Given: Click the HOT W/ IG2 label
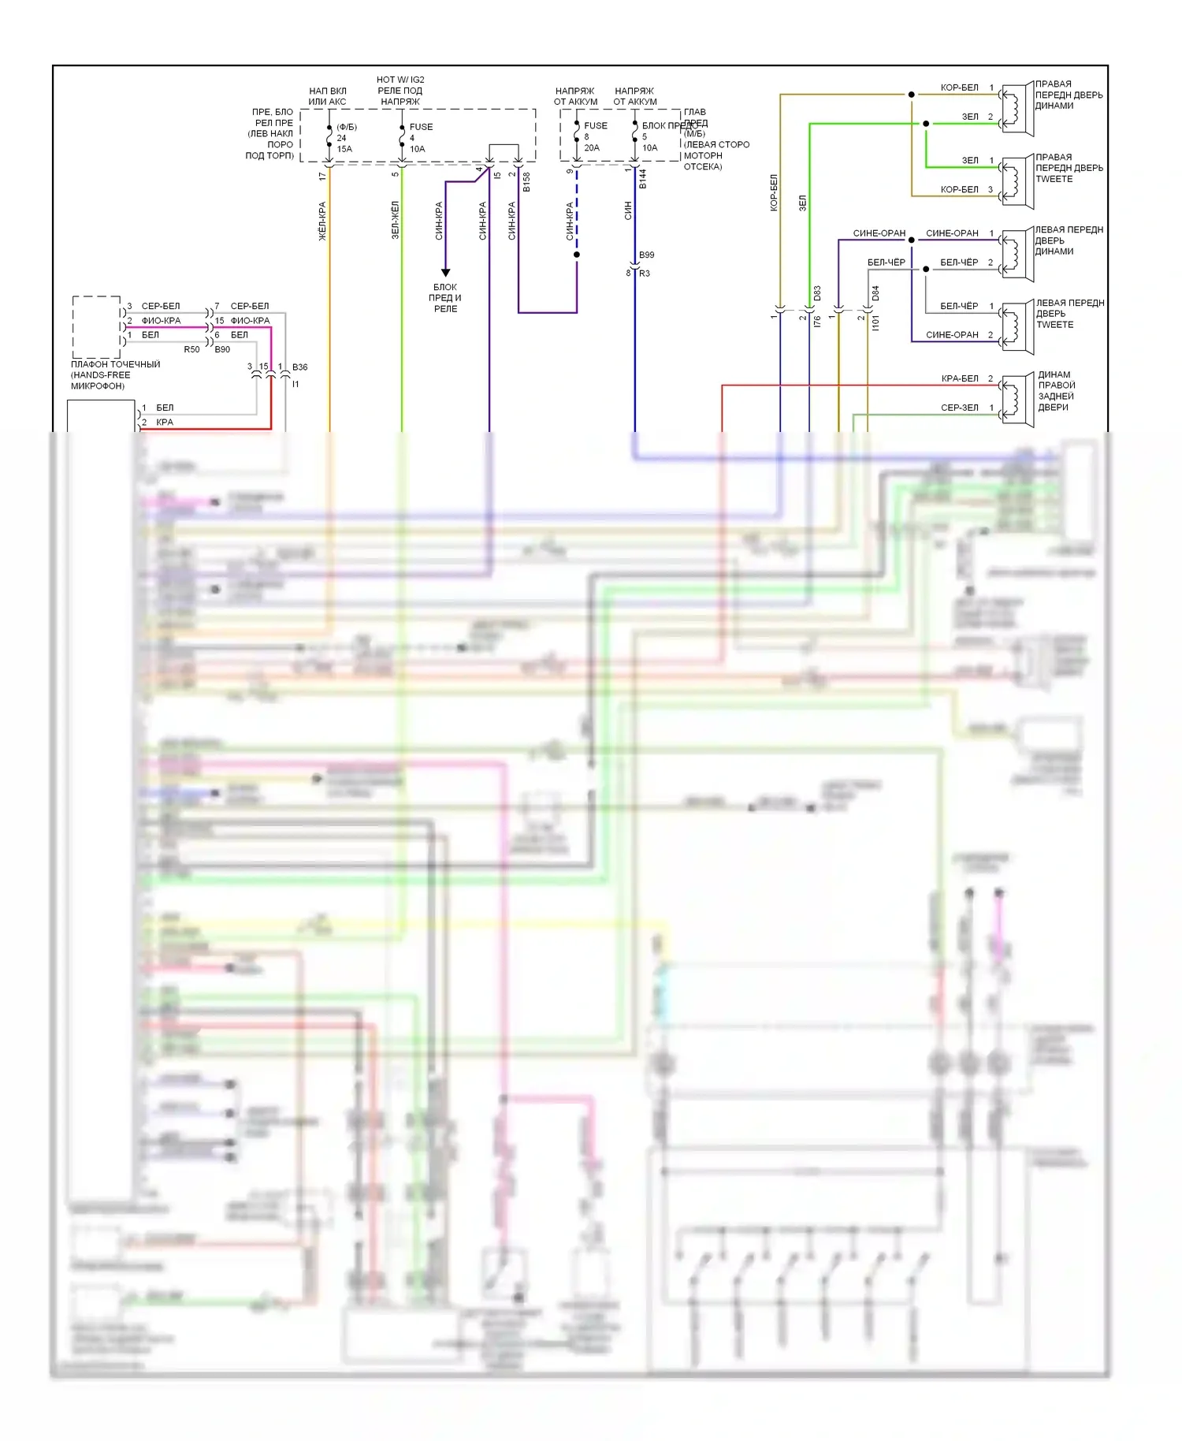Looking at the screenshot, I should pos(400,80).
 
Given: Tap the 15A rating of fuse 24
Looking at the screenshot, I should pos(344,149).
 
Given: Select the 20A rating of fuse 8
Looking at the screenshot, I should pos(592,147).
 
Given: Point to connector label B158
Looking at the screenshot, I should pos(526,182).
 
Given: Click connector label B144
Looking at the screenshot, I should pos(643,179).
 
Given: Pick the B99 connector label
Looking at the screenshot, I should pos(646,255).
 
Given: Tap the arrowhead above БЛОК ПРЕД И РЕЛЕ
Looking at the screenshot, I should pos(445,273).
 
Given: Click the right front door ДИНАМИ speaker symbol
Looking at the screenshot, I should pos(1017,106).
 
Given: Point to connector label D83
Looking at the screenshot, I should pos(817,293).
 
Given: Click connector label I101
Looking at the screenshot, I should pos(875,322).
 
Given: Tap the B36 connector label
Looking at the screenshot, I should pos(299,367).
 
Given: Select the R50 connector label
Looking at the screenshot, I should pos(191,349).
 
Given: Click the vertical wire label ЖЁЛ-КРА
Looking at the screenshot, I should pos(322,221).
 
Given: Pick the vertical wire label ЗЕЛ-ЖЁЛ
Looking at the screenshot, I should pos(396,220).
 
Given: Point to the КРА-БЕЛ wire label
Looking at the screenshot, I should pos(959,378).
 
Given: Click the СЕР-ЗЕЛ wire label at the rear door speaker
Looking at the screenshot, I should pos(959,408).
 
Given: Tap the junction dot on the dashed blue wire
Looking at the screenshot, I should pos(577,255).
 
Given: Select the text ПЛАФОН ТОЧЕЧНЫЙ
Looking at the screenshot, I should pos(115,364).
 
